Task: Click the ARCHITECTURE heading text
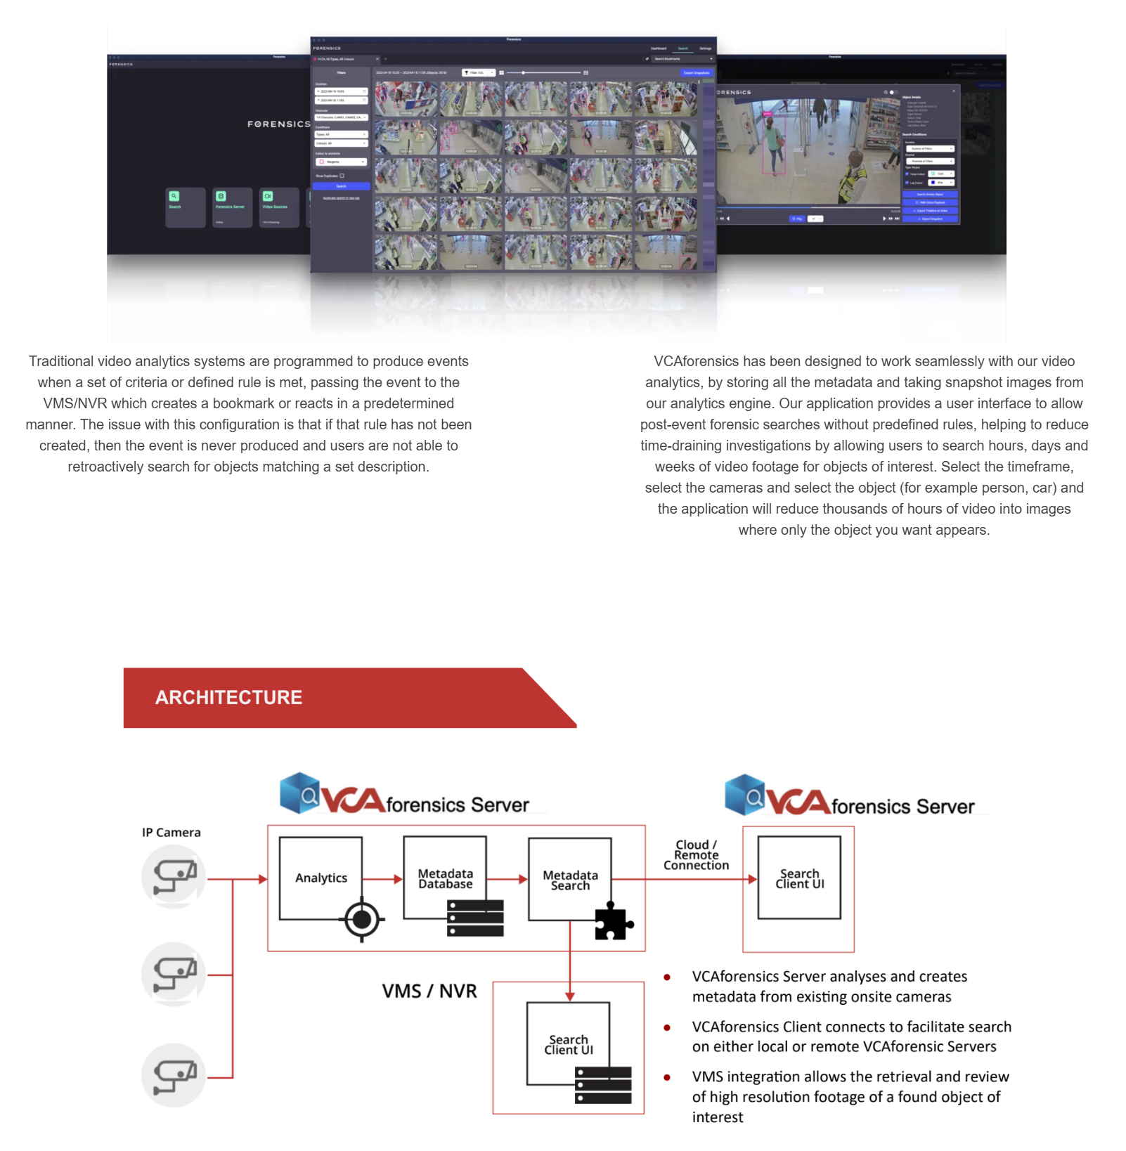click(228, 697)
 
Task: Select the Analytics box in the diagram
click(321, 878)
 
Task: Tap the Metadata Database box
click(445, 878)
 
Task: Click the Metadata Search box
click(570, 880)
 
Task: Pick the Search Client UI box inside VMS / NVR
click(569, 1044)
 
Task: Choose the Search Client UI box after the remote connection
click(799, 878)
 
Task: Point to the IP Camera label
click(171, 832)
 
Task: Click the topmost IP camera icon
click(174, 876)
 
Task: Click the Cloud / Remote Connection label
click(696, 854)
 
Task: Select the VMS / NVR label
click(429, 991)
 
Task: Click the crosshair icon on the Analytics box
click(362, 919)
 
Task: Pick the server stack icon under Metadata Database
click(475, 918)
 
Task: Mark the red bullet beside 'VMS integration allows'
click(667, 1077)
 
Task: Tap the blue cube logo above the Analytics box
click(299, 793)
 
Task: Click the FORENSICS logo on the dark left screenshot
click(278, 124)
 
